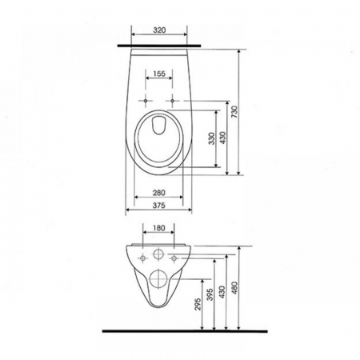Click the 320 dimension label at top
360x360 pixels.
point(159,30)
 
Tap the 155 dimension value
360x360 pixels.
point(159,74)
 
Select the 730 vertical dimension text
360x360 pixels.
point(234,112)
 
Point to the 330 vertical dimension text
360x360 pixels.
point(211,138)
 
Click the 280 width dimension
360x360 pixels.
point(159,192)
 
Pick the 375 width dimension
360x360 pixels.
point(159,206)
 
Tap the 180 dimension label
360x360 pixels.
point(159,228)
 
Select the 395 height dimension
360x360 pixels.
point(210,294)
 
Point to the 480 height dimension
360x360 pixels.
point(235,287)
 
